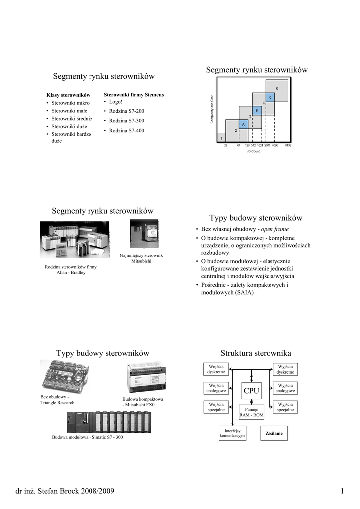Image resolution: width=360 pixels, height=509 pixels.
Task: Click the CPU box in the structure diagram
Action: [251, 391]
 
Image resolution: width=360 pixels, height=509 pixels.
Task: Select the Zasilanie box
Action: [274, 433]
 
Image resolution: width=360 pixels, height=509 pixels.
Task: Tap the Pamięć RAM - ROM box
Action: [251, 412]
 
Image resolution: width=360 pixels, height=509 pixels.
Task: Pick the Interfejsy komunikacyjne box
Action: [232, 433]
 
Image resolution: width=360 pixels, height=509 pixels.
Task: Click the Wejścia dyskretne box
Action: [216, 369]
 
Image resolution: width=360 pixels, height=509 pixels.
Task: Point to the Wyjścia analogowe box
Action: [285, 388]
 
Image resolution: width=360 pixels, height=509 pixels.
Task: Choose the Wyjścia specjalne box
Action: [285, 407]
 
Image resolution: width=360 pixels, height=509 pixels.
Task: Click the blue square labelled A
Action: [243, 124]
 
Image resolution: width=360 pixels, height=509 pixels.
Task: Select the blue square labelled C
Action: [270, 97]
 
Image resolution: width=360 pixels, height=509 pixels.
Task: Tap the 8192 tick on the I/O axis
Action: [288, 146]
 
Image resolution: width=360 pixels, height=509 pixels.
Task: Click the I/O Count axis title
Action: [253, 151]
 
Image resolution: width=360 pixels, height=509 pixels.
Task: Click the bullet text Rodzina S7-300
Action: [126, 121]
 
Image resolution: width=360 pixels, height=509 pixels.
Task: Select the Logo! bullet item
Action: [115, 102]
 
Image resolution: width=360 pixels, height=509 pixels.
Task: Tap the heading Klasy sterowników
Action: [68, 95]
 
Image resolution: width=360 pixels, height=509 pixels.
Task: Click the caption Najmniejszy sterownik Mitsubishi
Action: [141, 258]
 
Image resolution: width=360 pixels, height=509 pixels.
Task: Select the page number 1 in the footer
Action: [342, 492]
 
